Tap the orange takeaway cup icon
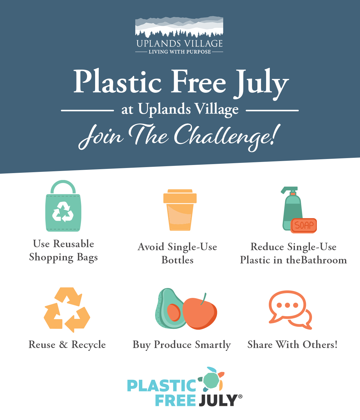tap(180, 210)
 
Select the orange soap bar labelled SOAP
tap(304, 225)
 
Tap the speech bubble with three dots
tap(287, 306)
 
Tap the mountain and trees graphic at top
tap(179, 27)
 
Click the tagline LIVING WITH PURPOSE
tap(180, 52)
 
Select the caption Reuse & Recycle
tap(67, 345)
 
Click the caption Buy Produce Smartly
tap(182, 345)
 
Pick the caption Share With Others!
tap(292, 345)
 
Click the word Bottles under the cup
tap(178, 260)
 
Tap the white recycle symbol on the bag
tap(63, 212)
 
